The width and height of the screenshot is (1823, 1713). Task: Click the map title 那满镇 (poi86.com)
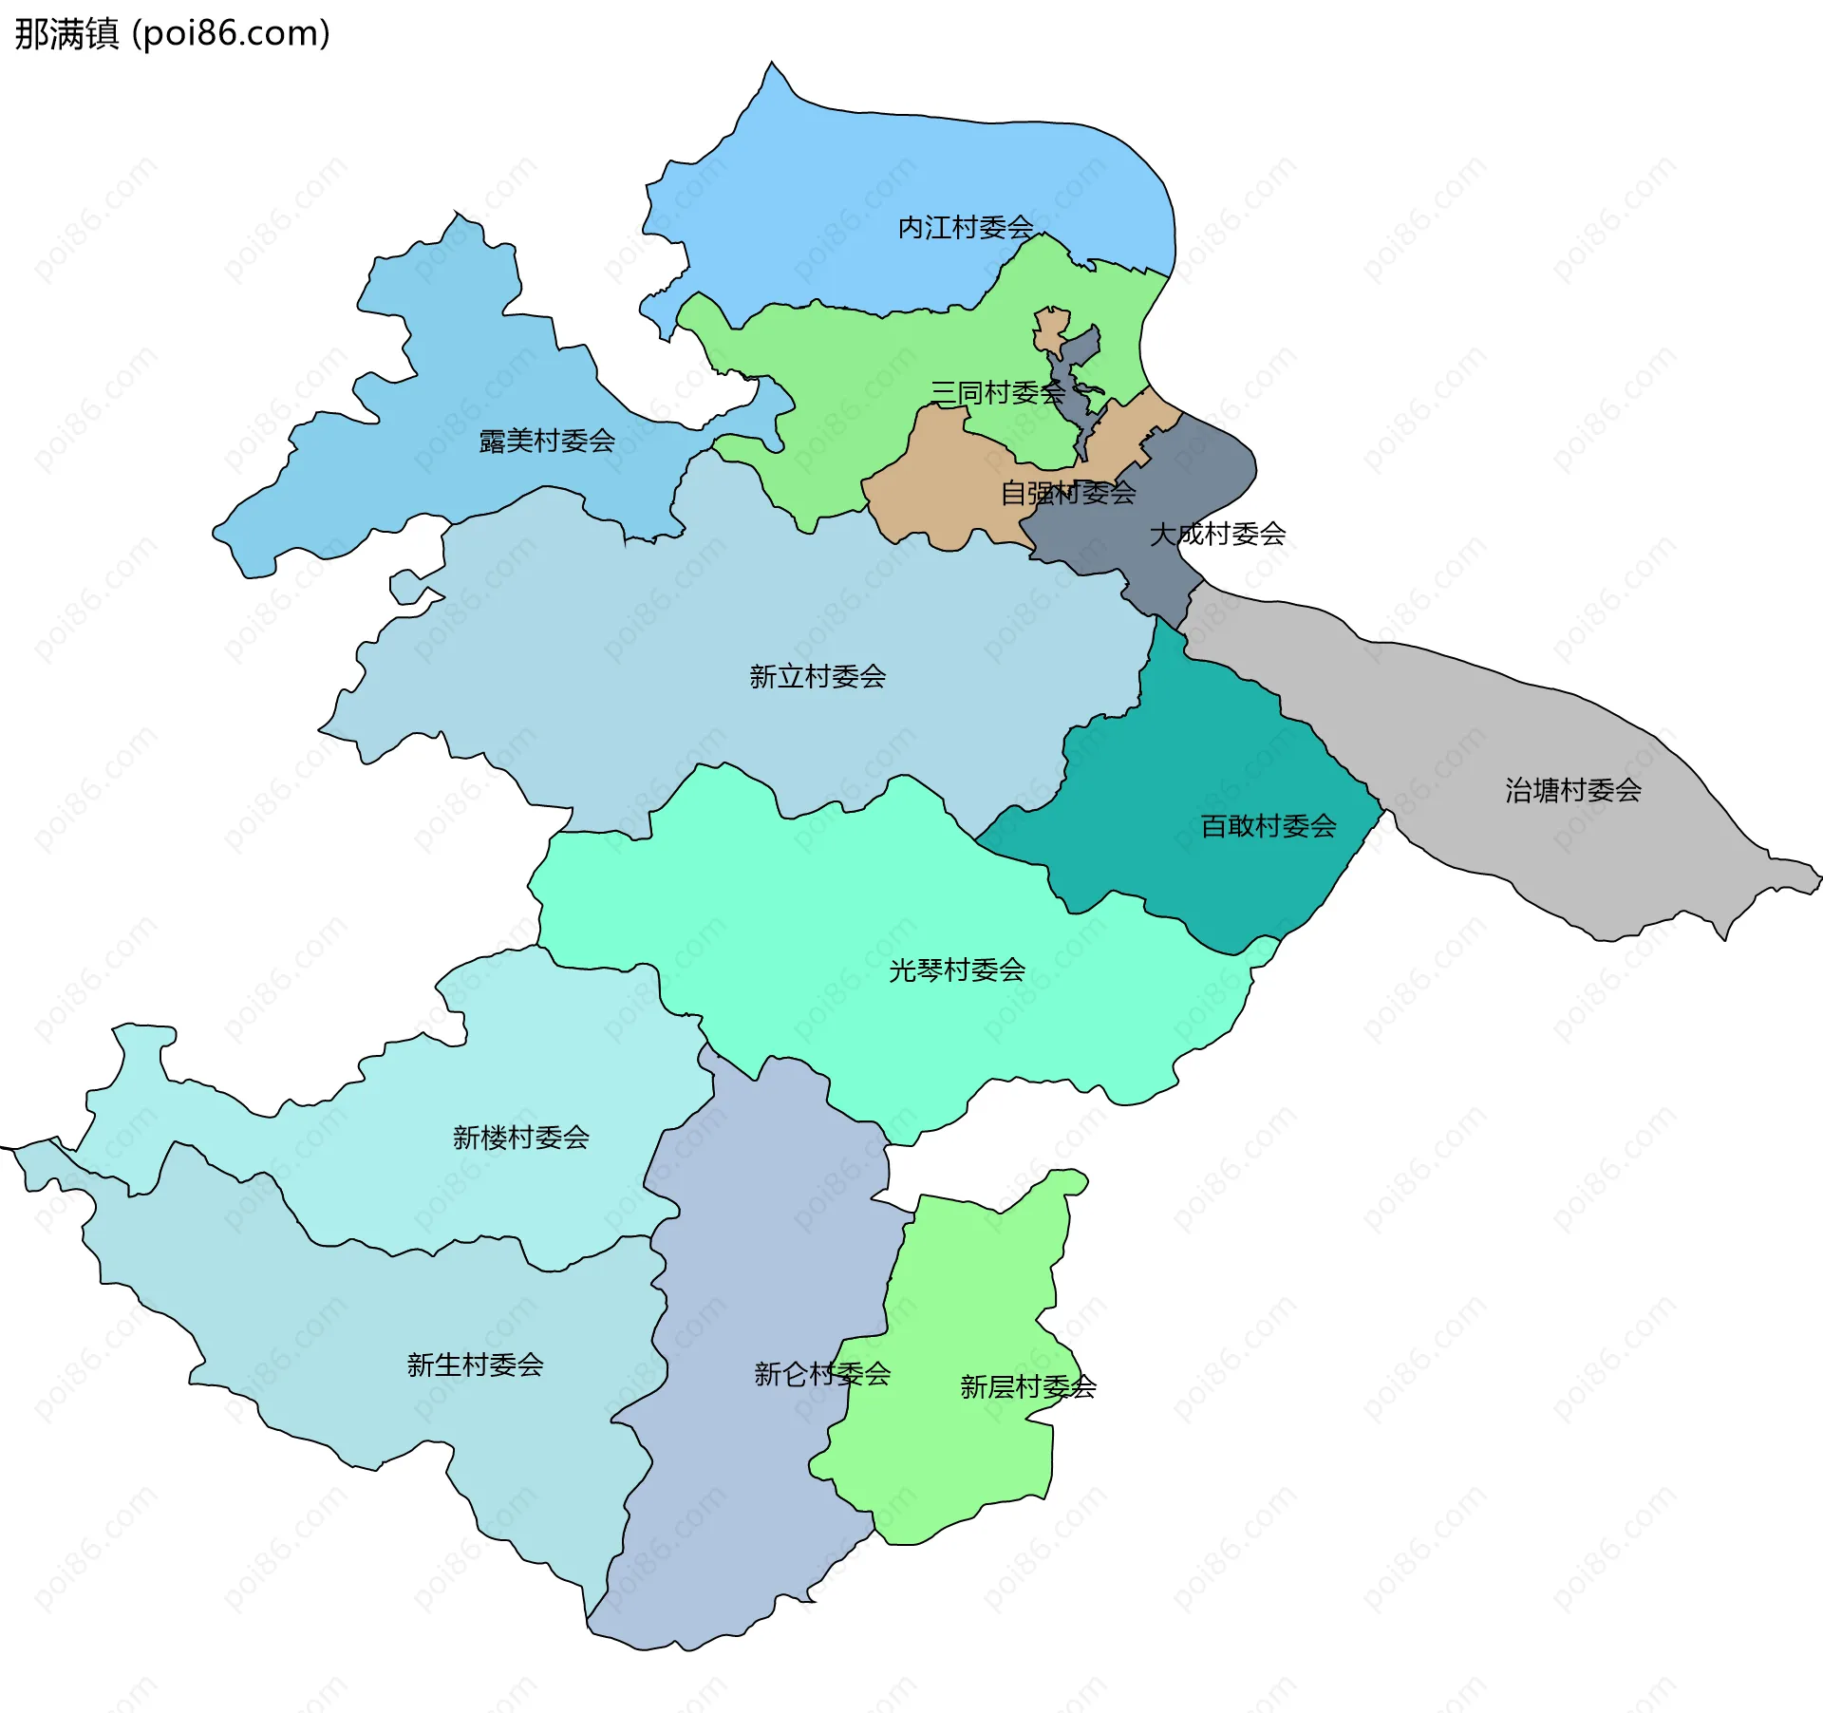click(172, 34)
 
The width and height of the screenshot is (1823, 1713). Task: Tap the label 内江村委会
click(966, 228)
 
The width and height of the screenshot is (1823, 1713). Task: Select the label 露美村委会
click(547, 441)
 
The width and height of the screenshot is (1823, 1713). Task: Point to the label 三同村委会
click(997, 392)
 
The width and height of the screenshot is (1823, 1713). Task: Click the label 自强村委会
click(1067, 493)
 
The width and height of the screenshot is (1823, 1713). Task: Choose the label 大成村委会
click(1217, 534)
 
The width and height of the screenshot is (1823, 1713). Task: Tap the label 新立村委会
click(818, 676)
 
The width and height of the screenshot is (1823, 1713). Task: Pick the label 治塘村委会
click(1573, 790)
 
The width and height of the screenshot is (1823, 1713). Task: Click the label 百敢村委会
click(1269, 826)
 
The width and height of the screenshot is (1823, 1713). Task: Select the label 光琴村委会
click(957, 969)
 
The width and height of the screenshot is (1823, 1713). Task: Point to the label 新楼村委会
click(521, 1137)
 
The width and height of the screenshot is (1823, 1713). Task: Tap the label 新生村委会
click(475, 1365)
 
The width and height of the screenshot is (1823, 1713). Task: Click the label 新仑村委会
click(822, 1373)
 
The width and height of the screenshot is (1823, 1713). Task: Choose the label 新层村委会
click(1027, 1386)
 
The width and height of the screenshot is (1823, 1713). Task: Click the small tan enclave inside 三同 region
click(1051, 328)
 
